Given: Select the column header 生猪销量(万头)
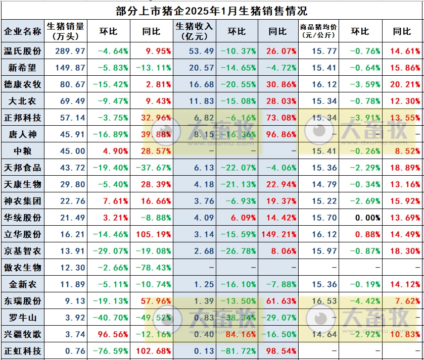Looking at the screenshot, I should click(65, 31).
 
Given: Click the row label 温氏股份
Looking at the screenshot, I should click(23, 51).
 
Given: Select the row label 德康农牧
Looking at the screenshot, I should click(23, 84).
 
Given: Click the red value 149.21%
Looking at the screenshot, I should click(277, 234).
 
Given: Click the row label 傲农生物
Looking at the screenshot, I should click(23, 268).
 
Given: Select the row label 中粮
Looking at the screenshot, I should click(23, 151).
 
